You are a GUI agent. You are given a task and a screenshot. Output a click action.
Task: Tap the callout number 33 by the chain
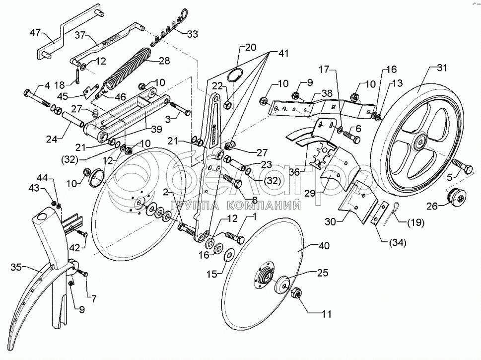point(192,34)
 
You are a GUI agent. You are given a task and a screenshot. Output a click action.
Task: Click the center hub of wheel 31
point(420,143)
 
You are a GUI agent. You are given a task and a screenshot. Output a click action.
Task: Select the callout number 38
point(327,93)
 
